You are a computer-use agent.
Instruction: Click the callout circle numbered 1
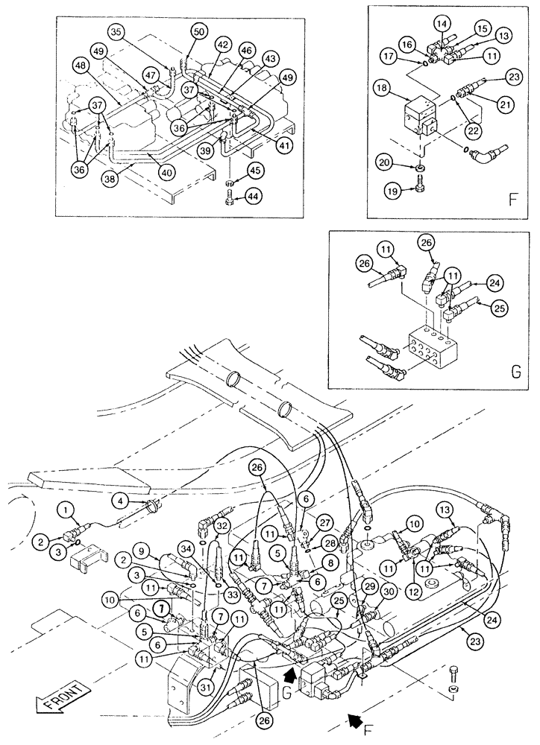click(x=68, y=510)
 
